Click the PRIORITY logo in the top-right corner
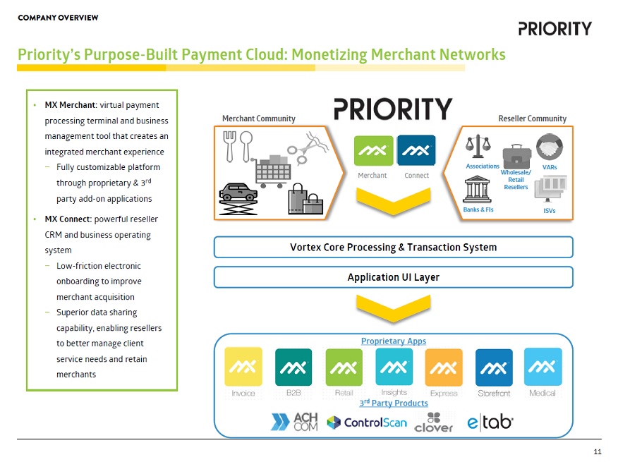click(x=555, y=28)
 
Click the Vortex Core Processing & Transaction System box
click(x=393, y=247)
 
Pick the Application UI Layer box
click(x=393, y=277)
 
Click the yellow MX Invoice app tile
click(x=243, y=367)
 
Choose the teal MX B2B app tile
click(x=293, y=367)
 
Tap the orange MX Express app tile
click(x=444, y=367)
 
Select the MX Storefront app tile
click(x=494, y=367)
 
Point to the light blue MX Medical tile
click(x=543, y=367)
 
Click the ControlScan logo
click(x=367, y=423)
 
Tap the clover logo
click(x=434, y=422)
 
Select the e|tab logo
click(x=490, y=422)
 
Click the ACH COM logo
click(x=295, y=422)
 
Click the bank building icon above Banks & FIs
click(x=477, y=190)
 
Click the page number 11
click(x=597, y=451)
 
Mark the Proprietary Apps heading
click(x=393, y=341)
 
